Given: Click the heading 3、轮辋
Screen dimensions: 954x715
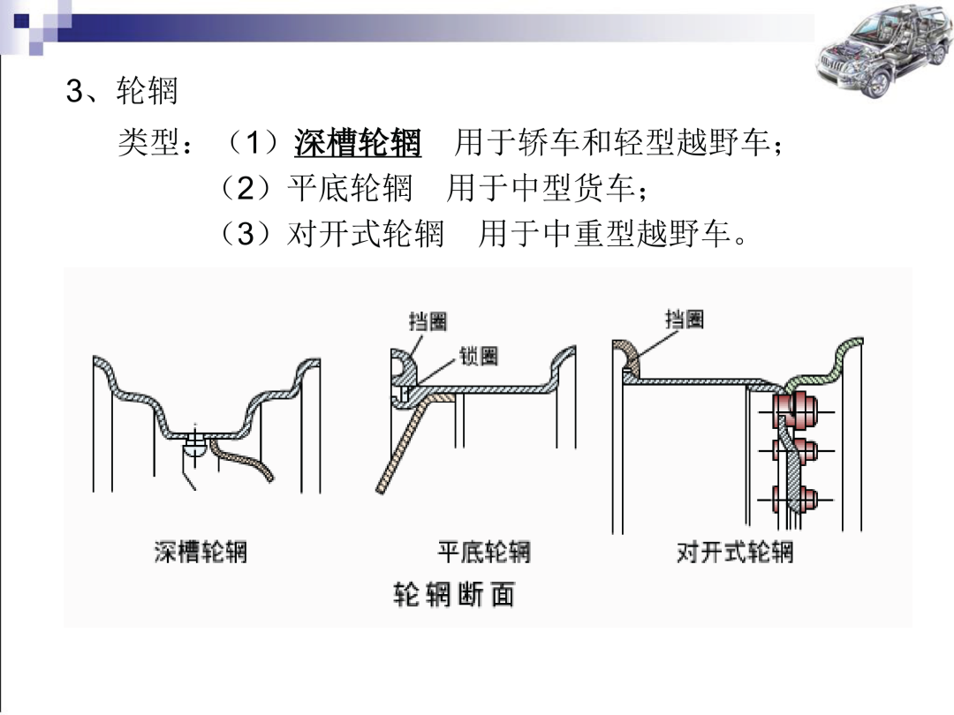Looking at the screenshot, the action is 122,91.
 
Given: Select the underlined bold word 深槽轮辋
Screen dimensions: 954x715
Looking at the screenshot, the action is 358,143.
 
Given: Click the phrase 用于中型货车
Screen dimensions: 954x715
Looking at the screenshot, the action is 541,188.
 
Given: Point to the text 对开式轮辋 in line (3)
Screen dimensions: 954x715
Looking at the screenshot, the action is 366,233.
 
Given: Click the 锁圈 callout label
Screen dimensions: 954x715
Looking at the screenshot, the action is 479,356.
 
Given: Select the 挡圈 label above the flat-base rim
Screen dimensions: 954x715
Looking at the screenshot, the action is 428,321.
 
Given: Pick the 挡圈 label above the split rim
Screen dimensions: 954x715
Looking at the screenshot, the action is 685,319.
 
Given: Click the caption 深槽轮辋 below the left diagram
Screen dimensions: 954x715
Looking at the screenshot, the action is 201,552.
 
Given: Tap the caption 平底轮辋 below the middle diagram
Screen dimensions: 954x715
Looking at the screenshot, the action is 484,552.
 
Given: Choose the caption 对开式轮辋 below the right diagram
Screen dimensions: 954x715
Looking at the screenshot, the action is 735,552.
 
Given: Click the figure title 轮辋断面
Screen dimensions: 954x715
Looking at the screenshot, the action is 454,594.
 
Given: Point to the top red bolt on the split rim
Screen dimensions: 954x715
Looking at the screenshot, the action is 796,410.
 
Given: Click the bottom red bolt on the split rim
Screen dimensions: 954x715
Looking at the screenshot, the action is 796,499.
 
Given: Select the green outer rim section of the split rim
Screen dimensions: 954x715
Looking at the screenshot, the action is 824,364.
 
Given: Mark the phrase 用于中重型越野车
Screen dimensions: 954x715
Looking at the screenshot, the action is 612,233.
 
